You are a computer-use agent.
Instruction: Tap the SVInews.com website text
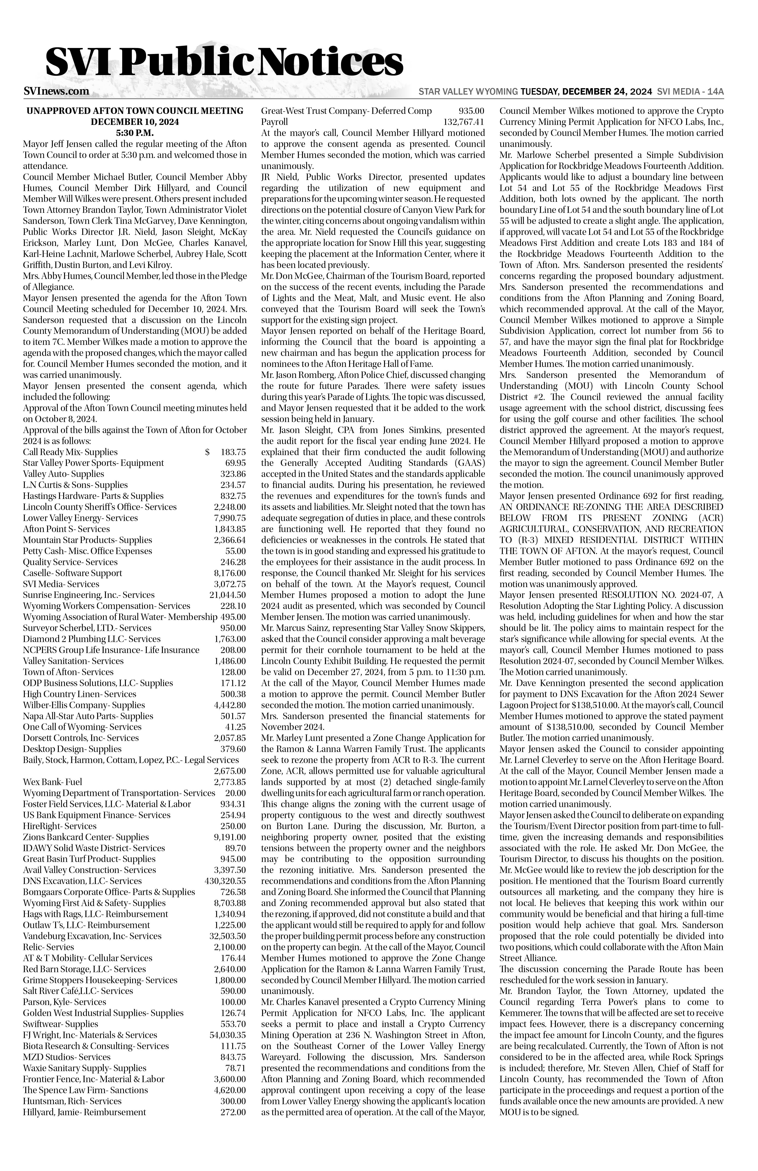coord(56,92)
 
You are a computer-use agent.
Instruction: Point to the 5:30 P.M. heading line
coord(134,133)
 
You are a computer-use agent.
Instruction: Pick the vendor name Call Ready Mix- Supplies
coord(70,452)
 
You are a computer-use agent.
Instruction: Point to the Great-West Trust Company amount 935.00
coord(471,111)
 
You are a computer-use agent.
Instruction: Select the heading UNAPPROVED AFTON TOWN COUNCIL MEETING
coord(134,111)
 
